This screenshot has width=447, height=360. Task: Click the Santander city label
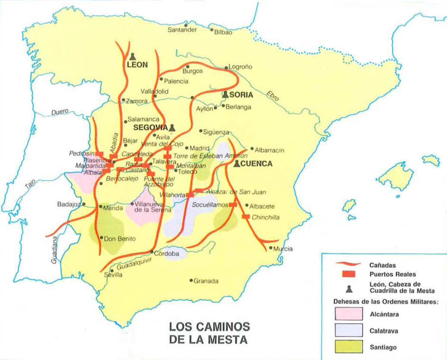[x=182, y=30]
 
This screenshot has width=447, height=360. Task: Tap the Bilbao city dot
[x=212, y=30]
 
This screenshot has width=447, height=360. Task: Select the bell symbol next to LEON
[x=133, y=57]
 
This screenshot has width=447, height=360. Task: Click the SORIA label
[x=241, y=95]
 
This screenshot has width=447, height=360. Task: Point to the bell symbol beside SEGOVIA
[x=173, y=127]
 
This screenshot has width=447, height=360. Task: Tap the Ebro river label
[x=273, y=96]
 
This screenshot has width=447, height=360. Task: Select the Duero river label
[x=60, y=112]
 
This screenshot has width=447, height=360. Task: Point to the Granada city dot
[x=191, y=280]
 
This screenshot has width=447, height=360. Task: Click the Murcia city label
[x=283, y=248]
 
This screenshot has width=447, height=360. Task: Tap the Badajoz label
[x=69, y=204]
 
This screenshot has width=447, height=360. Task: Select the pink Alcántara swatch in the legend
[x=348, y=313]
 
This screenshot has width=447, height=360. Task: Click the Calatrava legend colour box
[x=348, y=330]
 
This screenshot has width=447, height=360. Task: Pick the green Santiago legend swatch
[x=348, y=347]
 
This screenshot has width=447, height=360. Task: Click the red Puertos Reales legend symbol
[x=348, y=274]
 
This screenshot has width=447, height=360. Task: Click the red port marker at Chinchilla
[x=246, y=217]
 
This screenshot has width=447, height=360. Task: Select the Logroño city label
[x=241, y=67]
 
